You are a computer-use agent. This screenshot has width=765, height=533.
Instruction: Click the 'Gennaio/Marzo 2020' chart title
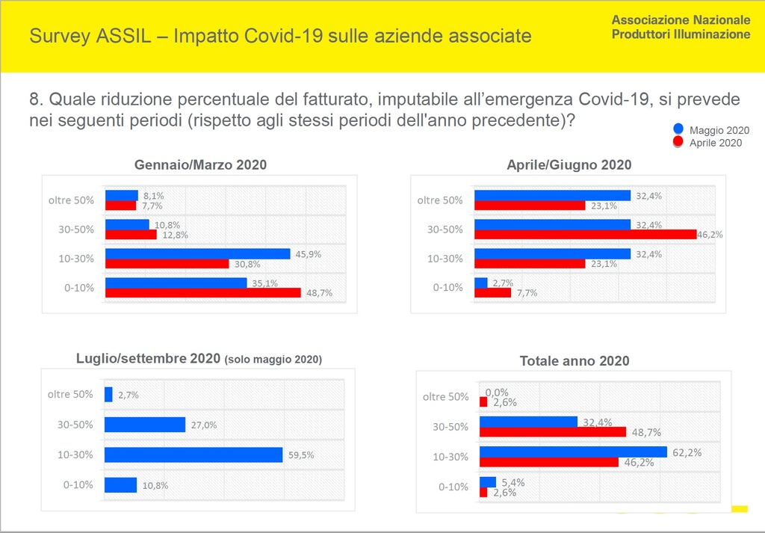point(200,165)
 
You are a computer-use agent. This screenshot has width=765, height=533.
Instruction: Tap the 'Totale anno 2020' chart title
point(574,361)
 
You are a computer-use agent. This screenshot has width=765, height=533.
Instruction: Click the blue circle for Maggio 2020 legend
point(678,129)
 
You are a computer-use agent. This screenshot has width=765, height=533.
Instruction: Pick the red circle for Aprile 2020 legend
point(678,141)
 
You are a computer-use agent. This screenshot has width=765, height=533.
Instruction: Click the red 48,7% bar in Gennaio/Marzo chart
point(202,293)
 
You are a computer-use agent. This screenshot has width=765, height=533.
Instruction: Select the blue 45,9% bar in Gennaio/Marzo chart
point(197,254)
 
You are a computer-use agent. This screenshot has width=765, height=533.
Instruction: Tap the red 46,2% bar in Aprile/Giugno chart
point(585,235)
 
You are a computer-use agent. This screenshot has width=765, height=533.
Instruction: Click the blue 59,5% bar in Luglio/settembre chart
point(193,455)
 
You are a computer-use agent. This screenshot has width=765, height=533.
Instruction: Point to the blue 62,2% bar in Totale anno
point(573,452)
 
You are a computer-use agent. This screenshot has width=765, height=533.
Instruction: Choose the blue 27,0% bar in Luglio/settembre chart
point(145,425)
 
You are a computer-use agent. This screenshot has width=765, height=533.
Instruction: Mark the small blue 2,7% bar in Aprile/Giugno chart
point(481,283)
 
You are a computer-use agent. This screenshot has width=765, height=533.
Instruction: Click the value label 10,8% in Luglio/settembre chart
point(155,485)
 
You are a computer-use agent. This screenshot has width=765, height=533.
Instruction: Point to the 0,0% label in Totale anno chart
point(498,392)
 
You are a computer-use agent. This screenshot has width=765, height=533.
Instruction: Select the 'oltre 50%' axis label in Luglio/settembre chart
point(70,395)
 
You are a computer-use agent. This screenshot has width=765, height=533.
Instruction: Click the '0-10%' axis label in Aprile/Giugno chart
point(447,288)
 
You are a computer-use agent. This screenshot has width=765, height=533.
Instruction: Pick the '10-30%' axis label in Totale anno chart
point(450,457)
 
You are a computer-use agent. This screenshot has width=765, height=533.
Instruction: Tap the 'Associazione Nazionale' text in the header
point(681,20)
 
